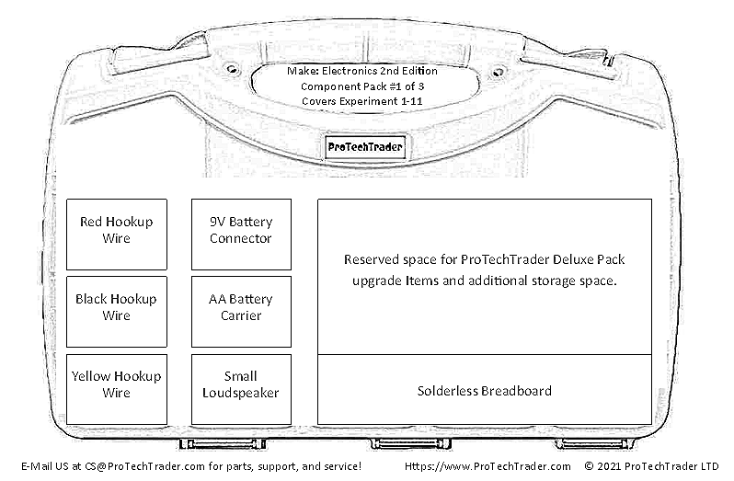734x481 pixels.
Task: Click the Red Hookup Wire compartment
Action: (117, 235)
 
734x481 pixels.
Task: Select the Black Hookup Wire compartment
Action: (117, 312)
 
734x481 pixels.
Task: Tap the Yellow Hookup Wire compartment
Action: (117, 389)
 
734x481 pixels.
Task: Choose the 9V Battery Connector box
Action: (241, 235)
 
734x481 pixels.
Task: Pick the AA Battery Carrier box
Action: (241, 312)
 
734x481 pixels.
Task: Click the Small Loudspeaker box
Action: (241, 389)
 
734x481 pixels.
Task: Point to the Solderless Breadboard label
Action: (485, 391)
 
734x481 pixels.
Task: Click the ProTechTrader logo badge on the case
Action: (365, 147)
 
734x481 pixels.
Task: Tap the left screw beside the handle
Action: (232, 70)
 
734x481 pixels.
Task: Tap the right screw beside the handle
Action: (499, 72)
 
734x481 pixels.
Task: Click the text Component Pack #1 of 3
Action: (362, 86)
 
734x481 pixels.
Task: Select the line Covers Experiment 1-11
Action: (361, 101)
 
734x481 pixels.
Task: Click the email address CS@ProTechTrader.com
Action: (144, 466)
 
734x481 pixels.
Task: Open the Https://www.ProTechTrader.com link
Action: (487, 466)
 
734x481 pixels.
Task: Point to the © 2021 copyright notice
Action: (651, 466)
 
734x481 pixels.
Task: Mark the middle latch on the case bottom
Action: (410, 443)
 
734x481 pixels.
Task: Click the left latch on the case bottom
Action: (223, 443)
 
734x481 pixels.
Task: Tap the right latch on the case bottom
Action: (595, 443)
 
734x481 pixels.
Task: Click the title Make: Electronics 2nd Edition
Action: (362, 71)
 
